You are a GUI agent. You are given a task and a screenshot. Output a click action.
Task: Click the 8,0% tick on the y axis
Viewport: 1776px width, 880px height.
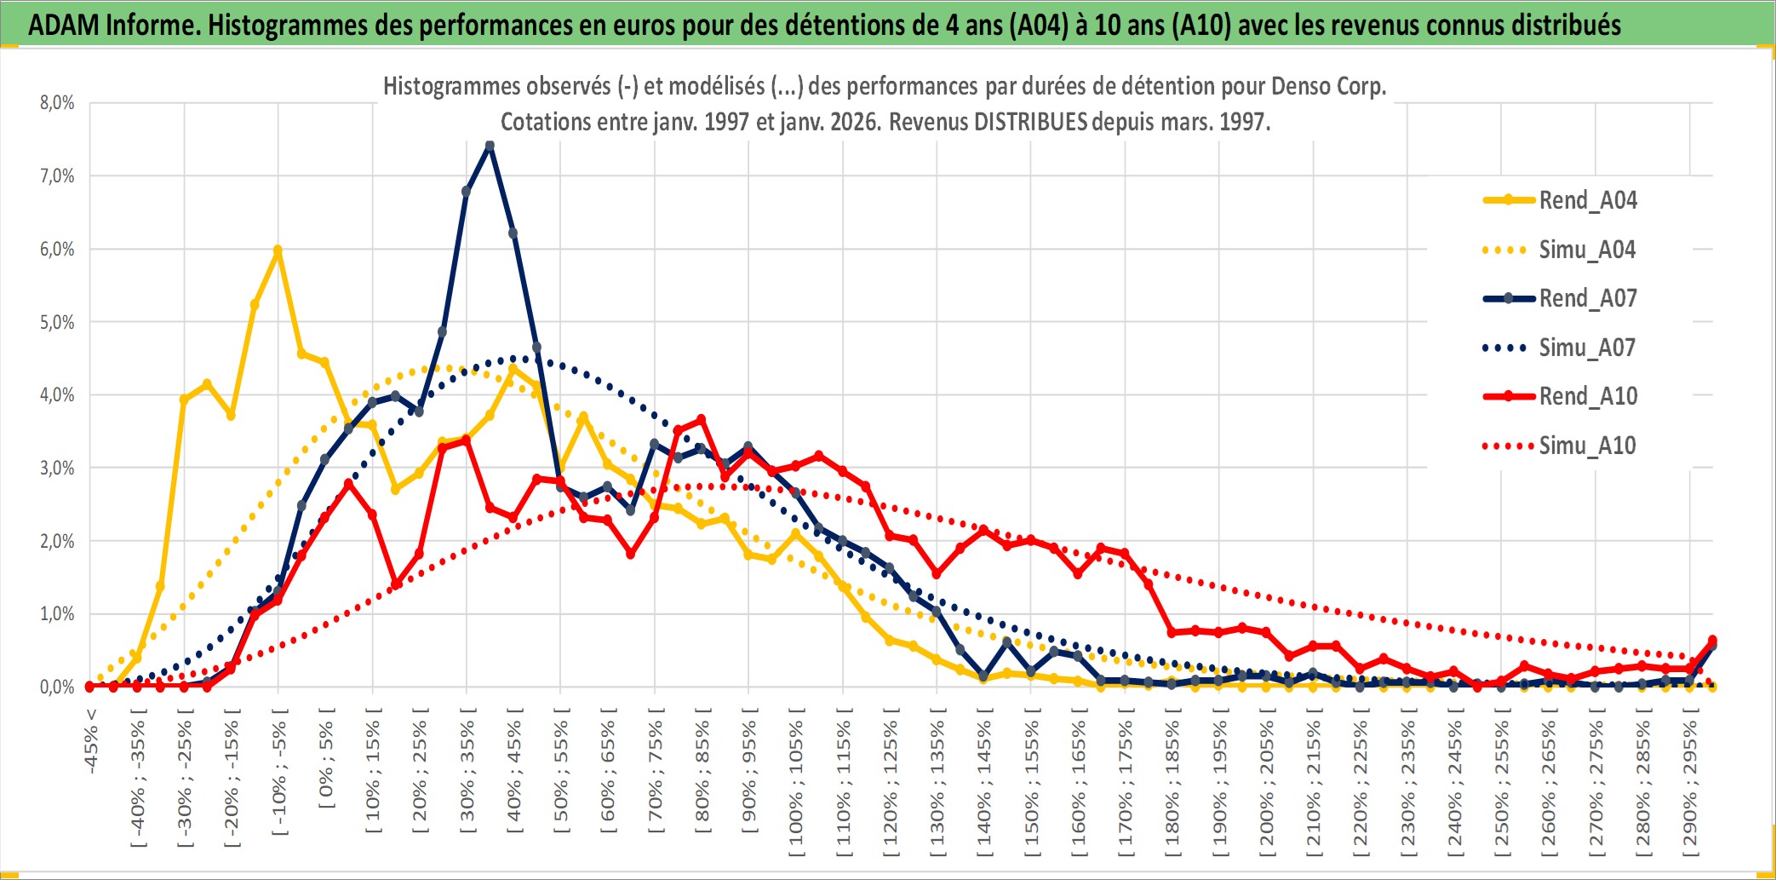pyautogui.click(x=57, y=103)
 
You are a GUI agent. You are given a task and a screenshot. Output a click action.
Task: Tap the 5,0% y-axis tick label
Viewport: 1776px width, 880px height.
pyautogui.click(x=57, y=322)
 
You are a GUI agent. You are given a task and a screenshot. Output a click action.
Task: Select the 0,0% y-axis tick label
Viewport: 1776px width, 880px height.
pyautogui.click(x=57, y=687)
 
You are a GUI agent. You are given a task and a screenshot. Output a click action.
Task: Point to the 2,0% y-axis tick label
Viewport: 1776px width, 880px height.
pyautogui.click(x=57, y=541)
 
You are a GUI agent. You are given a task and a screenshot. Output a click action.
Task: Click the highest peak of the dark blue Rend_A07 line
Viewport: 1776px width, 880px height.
pyautogui.click(x=490, y=146)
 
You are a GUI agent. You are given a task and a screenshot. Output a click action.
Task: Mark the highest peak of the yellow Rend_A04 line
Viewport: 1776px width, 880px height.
pyautogui.click(x=278, y=250)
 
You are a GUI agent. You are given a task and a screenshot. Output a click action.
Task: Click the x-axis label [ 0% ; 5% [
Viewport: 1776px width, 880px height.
pyautogui.click(x=327, y=757)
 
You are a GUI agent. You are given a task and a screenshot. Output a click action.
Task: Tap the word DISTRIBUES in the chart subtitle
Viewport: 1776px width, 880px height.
pyautogui.click(x=1030, y=122)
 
